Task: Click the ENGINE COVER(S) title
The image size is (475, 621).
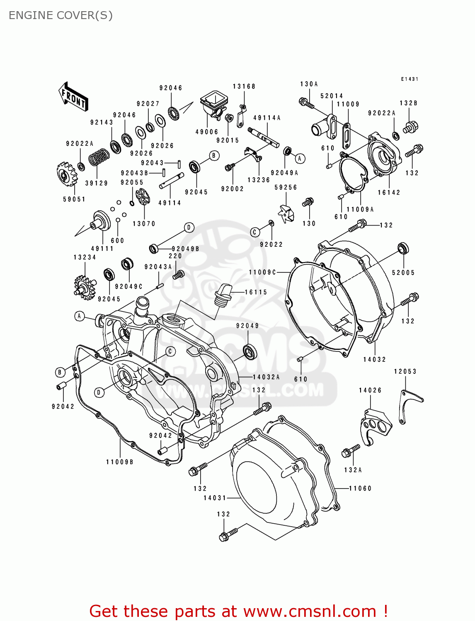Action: (x=61, y=15)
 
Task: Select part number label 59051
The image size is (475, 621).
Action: (x=74, y=199)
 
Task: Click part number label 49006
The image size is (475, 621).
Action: (x=207, y=132)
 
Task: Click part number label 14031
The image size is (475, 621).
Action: (x=215, y=498)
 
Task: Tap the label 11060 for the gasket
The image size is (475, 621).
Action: (x=360, y=489)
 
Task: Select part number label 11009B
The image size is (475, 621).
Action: (x=120, y=462)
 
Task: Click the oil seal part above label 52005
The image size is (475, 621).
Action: (x=403, y=248)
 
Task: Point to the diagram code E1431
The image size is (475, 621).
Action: (x=410, y=79)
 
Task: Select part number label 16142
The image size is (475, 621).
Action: (x=389, y=193)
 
